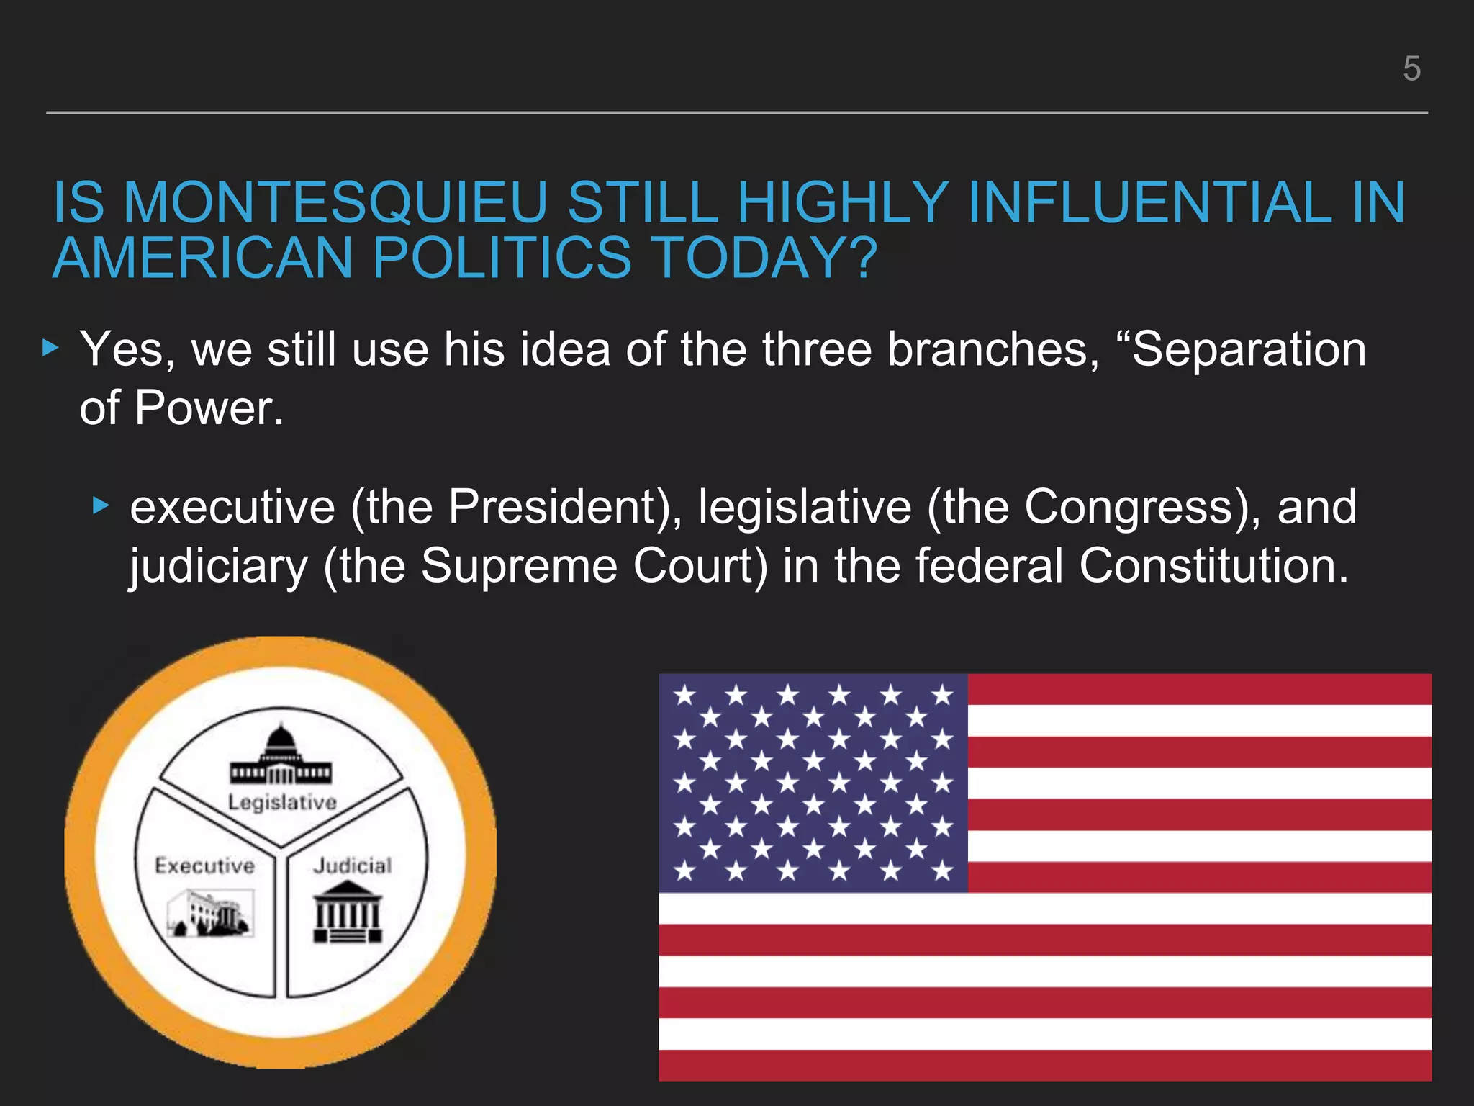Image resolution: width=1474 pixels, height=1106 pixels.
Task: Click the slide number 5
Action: pos(1411,69)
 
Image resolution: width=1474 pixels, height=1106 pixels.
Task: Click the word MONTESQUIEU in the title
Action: pos(336,203)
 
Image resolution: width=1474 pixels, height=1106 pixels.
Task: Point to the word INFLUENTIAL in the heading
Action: pos(1150,203)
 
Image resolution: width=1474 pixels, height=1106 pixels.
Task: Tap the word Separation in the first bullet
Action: pos(1249,350)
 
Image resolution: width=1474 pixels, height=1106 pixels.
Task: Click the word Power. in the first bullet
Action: pos(209,408)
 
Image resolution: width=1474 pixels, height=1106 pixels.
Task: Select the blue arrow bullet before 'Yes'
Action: pos(50,349)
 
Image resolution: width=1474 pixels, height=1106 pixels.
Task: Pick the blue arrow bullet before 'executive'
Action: pos(101,506)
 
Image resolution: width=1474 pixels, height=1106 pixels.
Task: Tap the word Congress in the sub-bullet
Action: pos(1129,507)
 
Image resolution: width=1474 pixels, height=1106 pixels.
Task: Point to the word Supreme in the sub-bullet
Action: pos(519,565)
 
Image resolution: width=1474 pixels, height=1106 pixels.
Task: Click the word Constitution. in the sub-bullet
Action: pos(1213,565)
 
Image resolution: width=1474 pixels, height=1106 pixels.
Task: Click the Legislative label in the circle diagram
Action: pos(282,802)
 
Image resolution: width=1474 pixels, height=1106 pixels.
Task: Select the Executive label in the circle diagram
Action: pos(205,866)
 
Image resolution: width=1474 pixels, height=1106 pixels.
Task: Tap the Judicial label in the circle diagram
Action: pos(353,866)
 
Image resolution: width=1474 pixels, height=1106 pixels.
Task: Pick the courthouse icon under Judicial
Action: pos(348,912)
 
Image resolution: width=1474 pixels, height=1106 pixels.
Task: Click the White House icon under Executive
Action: pos(210,913)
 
